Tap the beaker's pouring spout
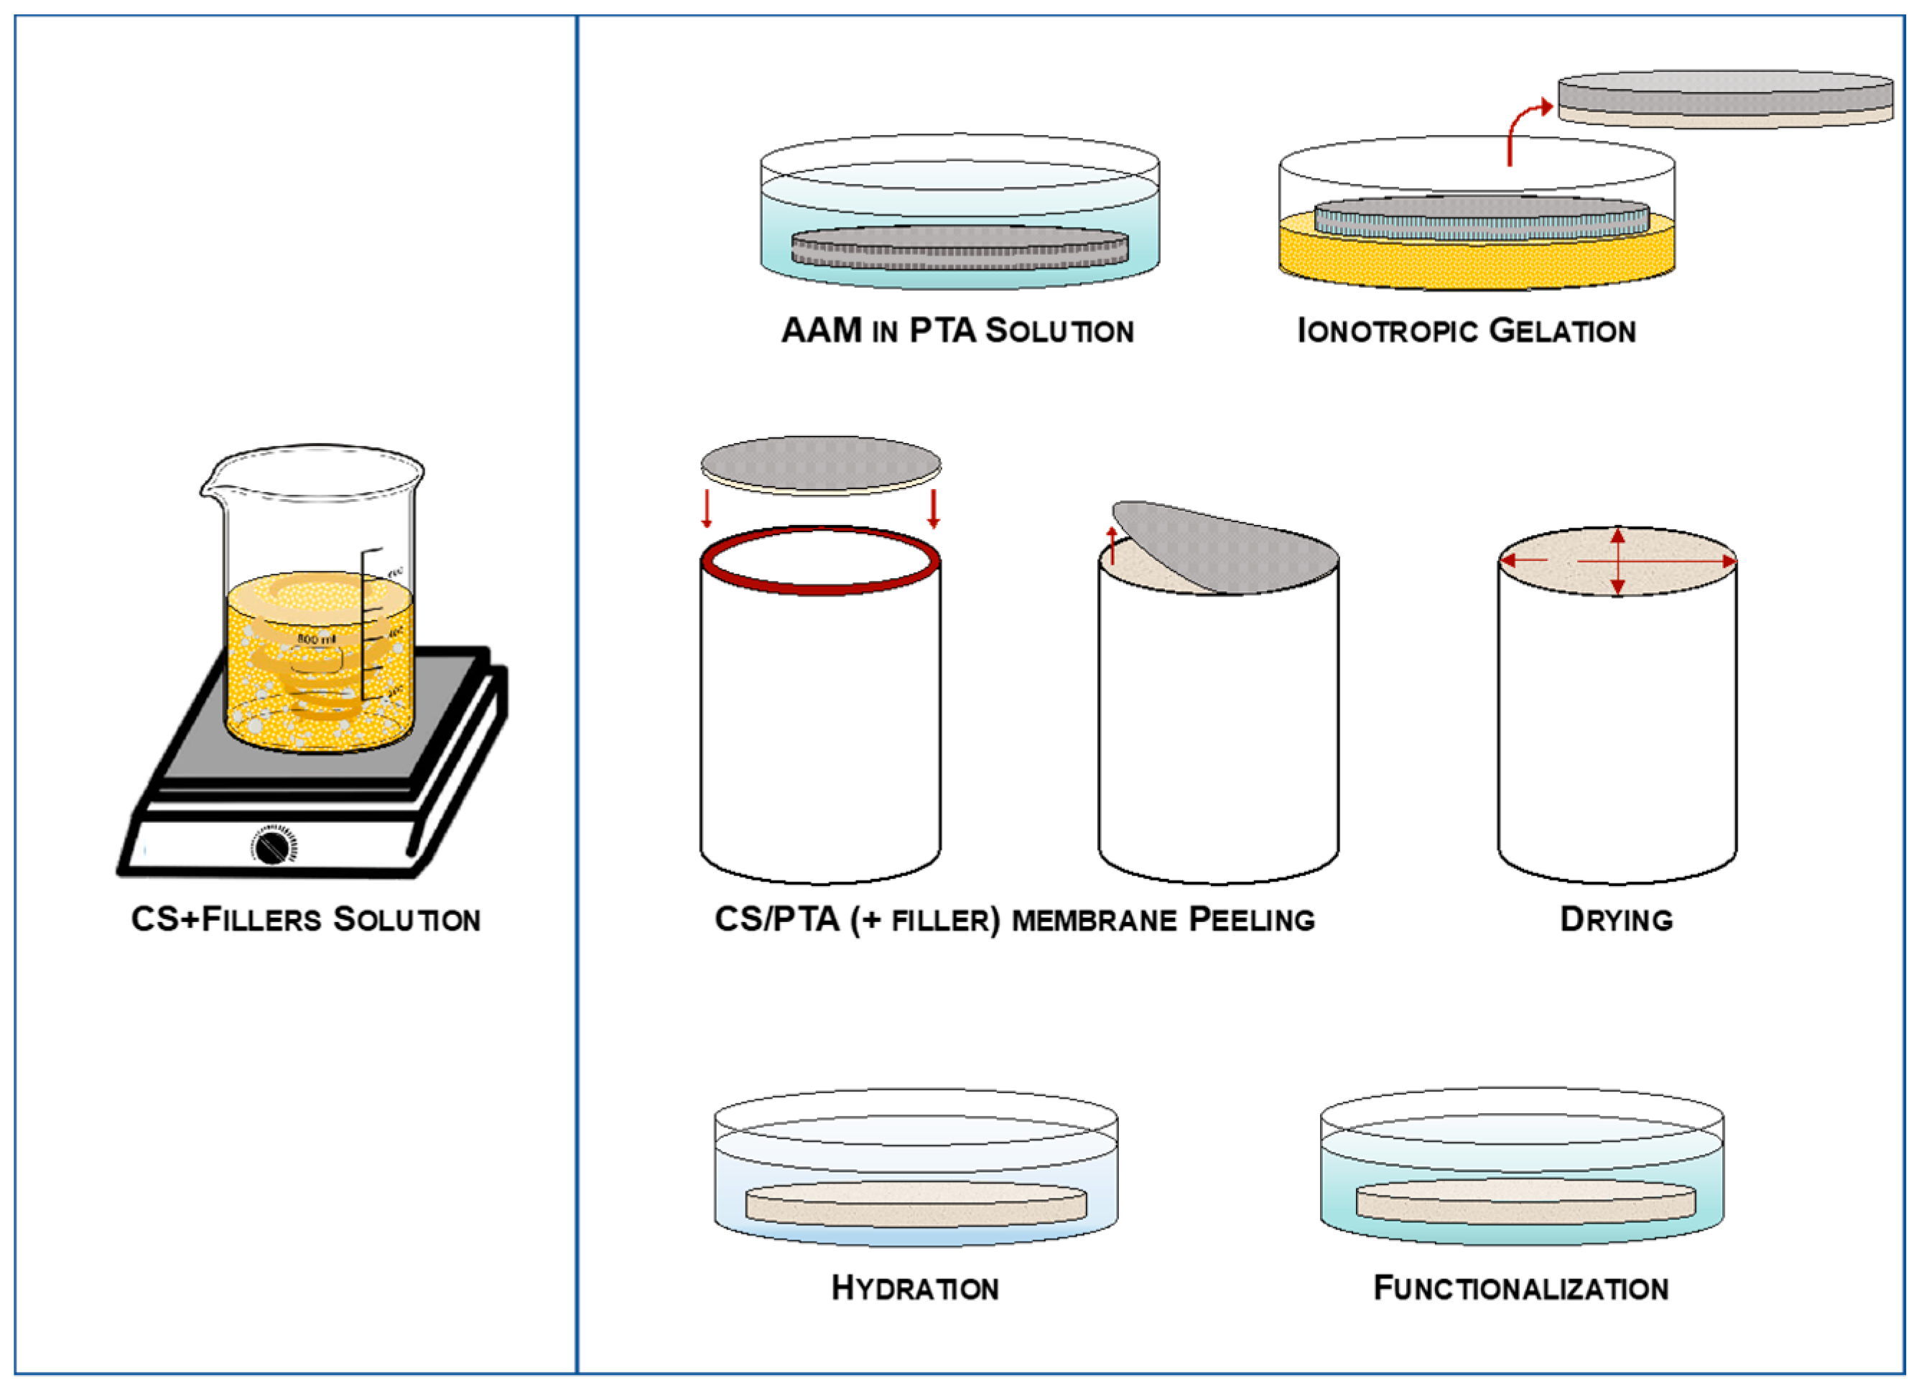(x=208, y=485)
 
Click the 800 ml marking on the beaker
(x=315, y=639)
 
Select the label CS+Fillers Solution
(x=305, y=920)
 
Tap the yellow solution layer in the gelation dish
(x=1476, y=258)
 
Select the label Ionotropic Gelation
(x=1467, y=331)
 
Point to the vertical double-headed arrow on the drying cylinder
(x=1618, y=560)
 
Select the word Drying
(x=1616, y=920)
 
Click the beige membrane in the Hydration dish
(x=916, y=1203)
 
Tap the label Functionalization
(x=1520, y=1288)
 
